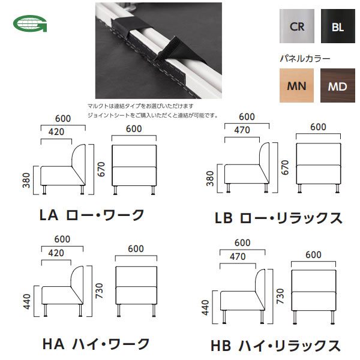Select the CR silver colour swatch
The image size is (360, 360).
[x=296, y=26]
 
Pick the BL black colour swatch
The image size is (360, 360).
[x=337, y=26]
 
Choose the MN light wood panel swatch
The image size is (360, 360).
[x=296, y=86]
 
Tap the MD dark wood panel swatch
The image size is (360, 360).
[x=337, y=86]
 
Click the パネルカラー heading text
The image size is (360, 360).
[x=304, y=59]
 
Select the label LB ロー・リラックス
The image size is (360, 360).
[x=278, y=217]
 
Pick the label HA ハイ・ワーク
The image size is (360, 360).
[x=96, y=344]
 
